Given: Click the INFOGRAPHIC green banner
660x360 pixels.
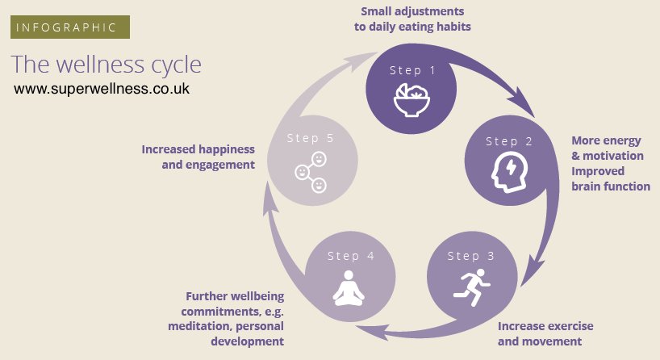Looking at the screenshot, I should pos(70,27).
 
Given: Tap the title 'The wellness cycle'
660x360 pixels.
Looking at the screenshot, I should pos(107,64).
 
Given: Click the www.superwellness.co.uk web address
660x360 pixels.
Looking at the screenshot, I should pos(102,89).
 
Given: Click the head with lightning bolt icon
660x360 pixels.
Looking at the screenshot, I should pos(508,170).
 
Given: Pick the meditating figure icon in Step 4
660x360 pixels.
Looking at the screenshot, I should pos(349,289).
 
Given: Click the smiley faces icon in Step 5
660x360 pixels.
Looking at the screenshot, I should pos(310,171).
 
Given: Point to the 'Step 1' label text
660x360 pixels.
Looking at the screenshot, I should pos(411,70).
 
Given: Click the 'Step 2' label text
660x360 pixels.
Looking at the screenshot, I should pos(508,141).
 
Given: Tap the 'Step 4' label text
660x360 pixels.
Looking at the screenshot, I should pos(350,256).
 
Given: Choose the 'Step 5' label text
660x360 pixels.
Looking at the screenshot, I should pos(310,138).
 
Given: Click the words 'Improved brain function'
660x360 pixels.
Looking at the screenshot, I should pos(610,178).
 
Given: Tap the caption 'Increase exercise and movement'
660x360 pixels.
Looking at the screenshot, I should pos(545,333).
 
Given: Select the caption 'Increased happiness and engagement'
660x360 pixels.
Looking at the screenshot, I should pos(198,157).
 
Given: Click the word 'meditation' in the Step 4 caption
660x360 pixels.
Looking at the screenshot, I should pos(199,326).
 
